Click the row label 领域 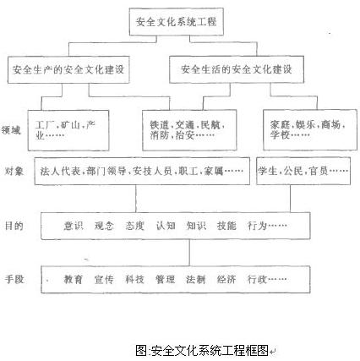11,130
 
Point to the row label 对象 14,171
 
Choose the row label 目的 14,226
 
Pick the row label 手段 14,279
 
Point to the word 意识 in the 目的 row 74,226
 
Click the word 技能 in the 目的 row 226,226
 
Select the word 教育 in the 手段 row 74,279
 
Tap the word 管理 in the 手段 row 166,279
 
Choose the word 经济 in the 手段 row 226,279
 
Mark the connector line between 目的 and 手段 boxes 189,253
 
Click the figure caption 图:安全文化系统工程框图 202,350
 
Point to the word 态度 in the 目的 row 135,226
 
